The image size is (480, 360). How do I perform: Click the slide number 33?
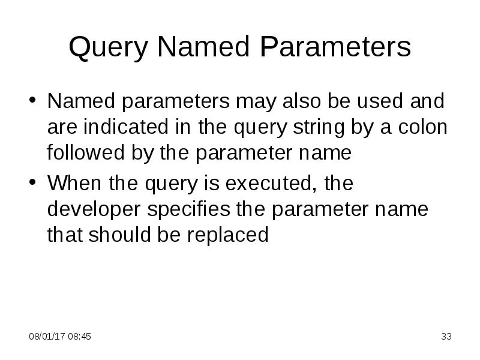446,337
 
